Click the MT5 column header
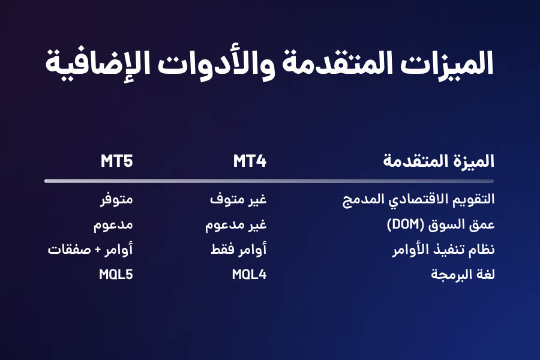pos(117,161)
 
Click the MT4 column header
pos(250,161)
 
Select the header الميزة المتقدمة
pos(439,161)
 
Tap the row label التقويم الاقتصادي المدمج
pos(418,199)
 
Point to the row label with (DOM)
pos(441,224)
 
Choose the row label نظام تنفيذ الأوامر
pos(443,249)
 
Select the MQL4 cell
pos(250,275)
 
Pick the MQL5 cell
pos(116,275)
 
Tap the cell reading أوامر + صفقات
pos(90,249)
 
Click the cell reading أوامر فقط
pos(239,249)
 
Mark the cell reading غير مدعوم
pos(236,225)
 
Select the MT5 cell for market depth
pos(113,225)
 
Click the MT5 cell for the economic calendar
pos(117,200)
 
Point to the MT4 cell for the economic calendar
pos(238,200)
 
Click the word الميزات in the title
pos(447,64)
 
